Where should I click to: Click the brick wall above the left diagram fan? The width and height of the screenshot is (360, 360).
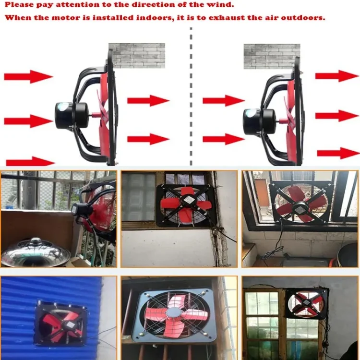[x=136, y=55]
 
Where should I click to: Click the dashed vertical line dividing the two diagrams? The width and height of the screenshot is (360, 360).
[x=191, y=96]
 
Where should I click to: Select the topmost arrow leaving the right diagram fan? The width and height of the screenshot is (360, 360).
[x=336, y=76]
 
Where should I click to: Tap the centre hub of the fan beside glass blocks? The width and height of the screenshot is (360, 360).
[x=185, y=204]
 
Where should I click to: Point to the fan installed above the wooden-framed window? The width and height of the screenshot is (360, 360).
[x=306, y=303]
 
